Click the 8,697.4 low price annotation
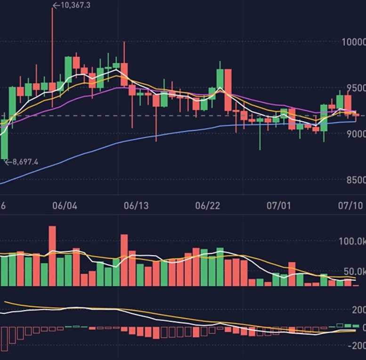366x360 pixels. [x=23, y=162]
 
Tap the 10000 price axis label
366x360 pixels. [x=353, y=42]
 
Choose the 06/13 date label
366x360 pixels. [x=136, y=206]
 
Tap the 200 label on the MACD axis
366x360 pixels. [x=358, y=310]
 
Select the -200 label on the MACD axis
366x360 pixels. [x=357, y=345]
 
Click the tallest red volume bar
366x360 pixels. [x=52, y=256]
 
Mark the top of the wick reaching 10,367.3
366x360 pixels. [x=52, y=8]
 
